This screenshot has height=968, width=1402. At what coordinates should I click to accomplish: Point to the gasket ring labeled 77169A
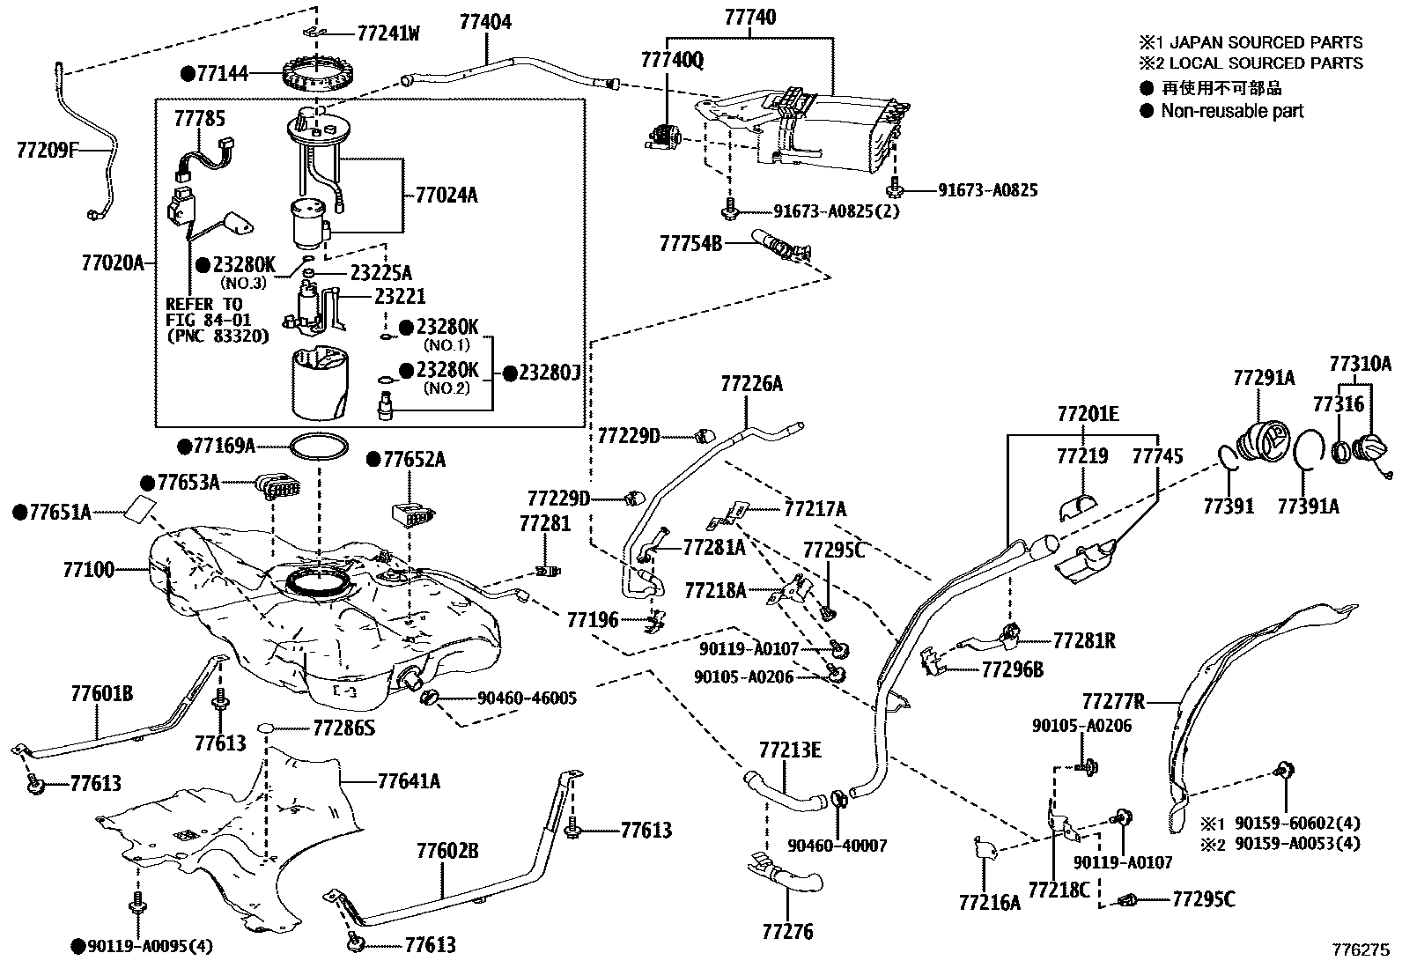tap(318, 447)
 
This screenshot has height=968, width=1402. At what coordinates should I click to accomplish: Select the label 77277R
tap(1113, 701)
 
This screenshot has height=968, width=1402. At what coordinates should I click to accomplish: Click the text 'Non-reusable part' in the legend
tap(1231, 111)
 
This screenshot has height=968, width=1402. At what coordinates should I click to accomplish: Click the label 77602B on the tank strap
tap(447, 851)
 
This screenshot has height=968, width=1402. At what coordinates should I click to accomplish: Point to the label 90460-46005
tap(527, 698)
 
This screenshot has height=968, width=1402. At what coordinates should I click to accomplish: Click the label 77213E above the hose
tap(790, 750)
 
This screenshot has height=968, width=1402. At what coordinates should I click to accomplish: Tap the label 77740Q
tap(672, 60)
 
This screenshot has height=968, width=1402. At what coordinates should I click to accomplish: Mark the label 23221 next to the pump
tap(400, 298)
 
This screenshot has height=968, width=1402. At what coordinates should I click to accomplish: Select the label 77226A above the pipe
tap(751, 383)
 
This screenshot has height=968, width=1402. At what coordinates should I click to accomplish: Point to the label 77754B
tap(690, 243)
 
